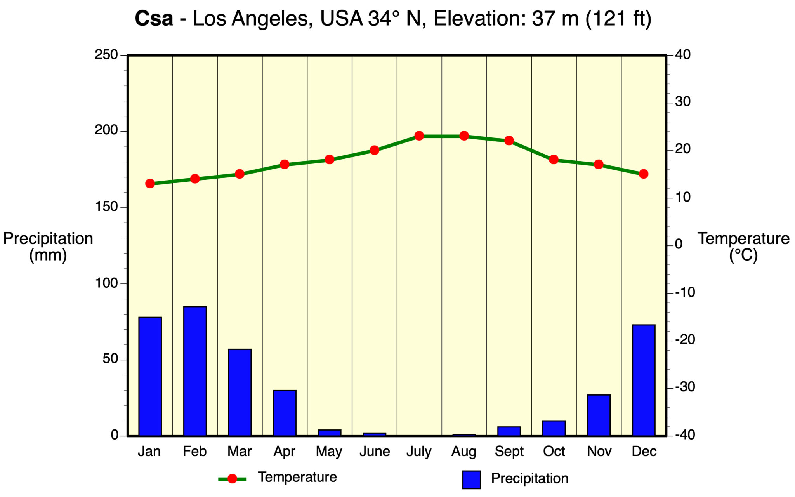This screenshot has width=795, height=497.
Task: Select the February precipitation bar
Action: [195, 371]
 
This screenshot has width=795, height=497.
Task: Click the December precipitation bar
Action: [644, 380]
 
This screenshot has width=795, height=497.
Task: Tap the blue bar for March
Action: [240, 392]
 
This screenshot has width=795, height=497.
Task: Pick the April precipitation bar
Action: [285, 413]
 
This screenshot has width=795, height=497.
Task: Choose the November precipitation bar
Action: [599, 415]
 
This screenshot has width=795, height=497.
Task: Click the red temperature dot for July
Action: [419, 136]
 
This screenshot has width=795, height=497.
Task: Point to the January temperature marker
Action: [150, 184]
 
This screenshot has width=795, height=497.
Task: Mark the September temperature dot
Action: [509, 141]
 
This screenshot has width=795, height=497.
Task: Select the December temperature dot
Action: [644, 174]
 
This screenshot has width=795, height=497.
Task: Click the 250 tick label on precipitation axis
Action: [106, 55]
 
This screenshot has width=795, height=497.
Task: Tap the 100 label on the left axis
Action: [106, 283]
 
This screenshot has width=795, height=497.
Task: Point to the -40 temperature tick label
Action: [685, 435]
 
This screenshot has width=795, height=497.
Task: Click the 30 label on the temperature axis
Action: [683, 102]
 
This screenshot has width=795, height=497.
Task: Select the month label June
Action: [374, 452]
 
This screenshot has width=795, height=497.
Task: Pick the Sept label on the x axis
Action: [509, 452]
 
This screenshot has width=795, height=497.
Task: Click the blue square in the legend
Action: [471, 480]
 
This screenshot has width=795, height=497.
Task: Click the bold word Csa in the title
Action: [154, 19]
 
